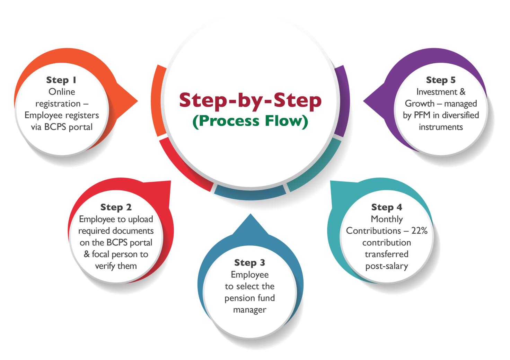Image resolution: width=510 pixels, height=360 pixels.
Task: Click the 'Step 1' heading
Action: coord(61,80)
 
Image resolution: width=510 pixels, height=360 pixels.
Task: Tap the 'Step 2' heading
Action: coord(116,207)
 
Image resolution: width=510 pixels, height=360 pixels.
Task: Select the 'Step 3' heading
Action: coord(250,263)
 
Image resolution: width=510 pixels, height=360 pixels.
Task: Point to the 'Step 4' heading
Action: coord(387,207)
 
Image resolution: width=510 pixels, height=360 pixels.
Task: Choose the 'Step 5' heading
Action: coord(441,80)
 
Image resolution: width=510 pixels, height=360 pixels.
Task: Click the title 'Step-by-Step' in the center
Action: coord(250,100)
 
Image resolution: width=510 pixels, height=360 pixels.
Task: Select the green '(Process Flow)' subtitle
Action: coord(250,121)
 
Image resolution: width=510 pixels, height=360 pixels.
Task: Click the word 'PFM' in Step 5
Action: coord(422,115)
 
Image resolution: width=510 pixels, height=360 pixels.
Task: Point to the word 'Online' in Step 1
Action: coord(62,92)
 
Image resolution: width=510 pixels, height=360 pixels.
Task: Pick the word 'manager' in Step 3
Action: coord(250,310)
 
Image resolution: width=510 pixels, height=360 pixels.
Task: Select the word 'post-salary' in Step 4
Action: coord(387,266)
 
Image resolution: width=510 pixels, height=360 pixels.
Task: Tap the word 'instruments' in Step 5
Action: coord(441,127)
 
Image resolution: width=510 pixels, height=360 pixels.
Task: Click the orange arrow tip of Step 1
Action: coord(138,101)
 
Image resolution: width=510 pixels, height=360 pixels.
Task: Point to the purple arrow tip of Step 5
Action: coord(363,101)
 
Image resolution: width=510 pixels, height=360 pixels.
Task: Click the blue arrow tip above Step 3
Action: coord(250,214)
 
